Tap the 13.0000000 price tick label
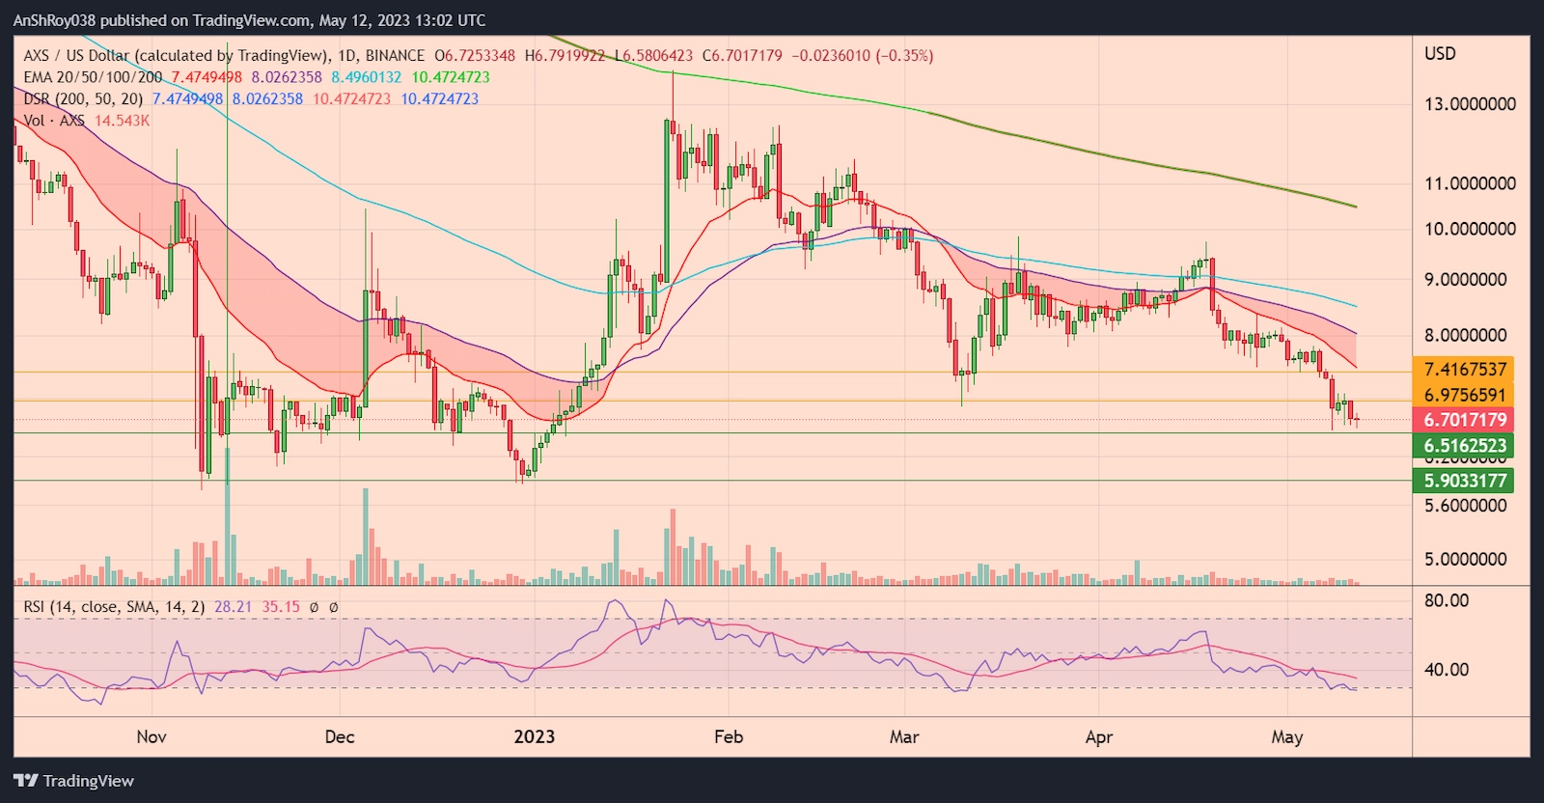(1470, 104)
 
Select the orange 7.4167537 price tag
(1465, 370)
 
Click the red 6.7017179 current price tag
(1465, 420)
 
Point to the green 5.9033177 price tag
(1465, 481)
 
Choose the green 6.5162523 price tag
(1465, 446)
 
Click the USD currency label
(1440, 54)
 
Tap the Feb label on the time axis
(729, 736)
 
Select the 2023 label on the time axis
(534, 736)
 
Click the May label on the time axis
(1286, 737)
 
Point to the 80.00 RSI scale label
(1447, 600)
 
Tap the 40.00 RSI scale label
(1447, 669)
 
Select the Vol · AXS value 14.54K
(122, 121)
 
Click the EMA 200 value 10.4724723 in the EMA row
(451, 77)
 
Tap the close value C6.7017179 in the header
(742, 56)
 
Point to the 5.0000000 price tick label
(1465, 559)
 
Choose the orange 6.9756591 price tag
(1465, 395)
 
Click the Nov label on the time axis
(152, 736)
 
